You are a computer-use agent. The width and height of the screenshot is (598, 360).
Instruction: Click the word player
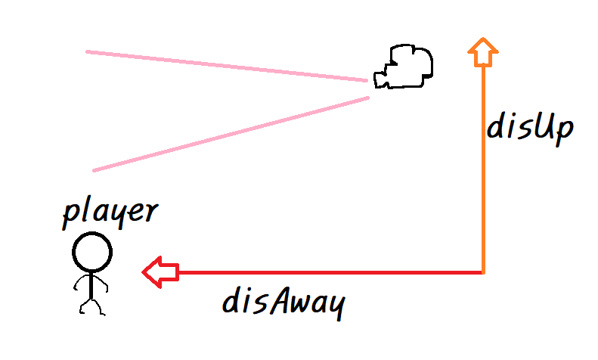110,213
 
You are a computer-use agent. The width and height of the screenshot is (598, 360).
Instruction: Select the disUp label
530,129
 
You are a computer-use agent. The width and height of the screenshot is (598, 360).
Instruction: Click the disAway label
284,303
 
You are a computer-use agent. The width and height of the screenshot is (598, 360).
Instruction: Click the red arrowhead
158,272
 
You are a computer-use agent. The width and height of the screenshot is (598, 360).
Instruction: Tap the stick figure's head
92,251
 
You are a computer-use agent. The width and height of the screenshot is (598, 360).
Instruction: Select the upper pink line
227,66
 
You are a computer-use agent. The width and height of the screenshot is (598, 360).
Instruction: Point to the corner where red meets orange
482,272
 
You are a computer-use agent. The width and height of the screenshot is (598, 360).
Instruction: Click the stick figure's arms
91,284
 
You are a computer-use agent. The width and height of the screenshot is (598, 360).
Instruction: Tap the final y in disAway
335,306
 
